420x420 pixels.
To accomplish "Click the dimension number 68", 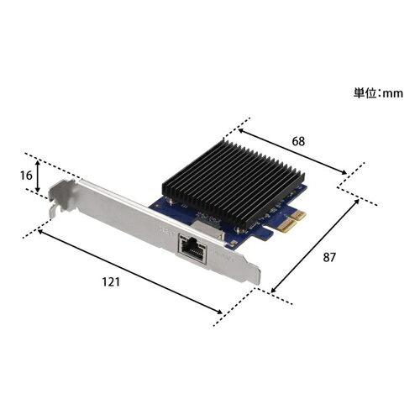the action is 298,141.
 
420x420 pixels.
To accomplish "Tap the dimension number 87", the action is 328,257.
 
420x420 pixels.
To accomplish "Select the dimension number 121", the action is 111,282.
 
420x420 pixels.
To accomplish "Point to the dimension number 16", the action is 26,176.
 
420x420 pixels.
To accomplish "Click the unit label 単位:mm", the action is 378,93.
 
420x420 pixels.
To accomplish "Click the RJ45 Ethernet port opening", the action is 193,248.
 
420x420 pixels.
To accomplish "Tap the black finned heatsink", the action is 233,183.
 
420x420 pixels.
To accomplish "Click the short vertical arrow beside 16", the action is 38,176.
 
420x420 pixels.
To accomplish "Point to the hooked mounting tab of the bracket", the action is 60,196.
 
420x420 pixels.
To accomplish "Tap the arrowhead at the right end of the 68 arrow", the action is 344,172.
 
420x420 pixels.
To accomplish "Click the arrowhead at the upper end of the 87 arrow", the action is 356,202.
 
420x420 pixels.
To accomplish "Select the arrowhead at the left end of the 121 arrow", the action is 41,232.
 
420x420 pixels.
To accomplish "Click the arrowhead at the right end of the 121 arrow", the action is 219,312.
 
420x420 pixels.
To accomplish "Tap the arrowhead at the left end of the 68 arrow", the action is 241,130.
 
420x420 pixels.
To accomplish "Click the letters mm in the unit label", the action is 393,94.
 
